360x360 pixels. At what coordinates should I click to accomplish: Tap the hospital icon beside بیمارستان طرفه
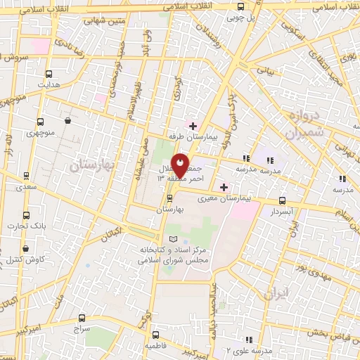[x=193, y=126]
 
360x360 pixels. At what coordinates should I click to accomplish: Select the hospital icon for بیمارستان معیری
[x=224, y=187]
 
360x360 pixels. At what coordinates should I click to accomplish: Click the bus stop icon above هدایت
[x=49, y=74]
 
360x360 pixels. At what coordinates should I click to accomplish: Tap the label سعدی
[x=27, y=188]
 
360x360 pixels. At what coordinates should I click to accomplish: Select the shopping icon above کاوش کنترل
[x=26, y=248]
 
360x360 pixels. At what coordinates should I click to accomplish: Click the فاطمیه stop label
[x=156, y=347]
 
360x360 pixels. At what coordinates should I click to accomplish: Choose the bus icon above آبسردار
[x=282, y=200]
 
